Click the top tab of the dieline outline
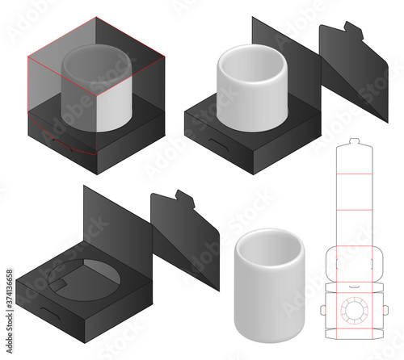(x=355, y=147)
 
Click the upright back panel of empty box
(x=113, y=218)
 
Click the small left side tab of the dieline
(x=322, y=310)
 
